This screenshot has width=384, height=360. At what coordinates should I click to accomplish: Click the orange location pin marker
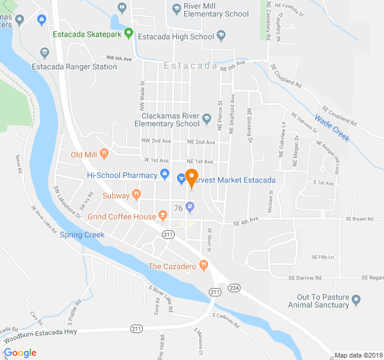click(x=191, y=178)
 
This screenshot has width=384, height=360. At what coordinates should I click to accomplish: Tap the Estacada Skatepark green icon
click(x=128, y=34)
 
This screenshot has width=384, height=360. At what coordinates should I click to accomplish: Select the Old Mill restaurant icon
click(x=104, y=154)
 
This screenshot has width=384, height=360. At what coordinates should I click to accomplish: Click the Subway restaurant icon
click(x=136, y=194)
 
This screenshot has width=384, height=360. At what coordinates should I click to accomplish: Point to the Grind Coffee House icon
click(x=162, y=215)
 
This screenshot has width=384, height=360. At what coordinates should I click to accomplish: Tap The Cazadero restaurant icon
click(x=204, y=265)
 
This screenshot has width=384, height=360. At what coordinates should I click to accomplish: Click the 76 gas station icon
click(x=190, y=208)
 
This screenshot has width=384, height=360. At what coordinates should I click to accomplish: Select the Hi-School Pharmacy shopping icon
click(x=164, y=175)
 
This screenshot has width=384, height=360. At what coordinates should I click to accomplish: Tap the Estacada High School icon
click(x=221, y=37)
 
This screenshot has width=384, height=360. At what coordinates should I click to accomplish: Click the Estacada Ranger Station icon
click(x=43, y=54)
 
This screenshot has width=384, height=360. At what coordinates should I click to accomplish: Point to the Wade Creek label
click(x=332, y=128)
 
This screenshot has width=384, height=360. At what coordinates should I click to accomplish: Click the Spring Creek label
click(x=82, y=235)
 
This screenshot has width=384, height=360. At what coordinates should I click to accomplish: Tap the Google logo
click(x=20, y=353)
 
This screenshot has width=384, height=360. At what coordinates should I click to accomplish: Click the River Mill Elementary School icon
click(x=176, y=8)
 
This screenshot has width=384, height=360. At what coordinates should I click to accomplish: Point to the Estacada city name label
click(x=190, y=66)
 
